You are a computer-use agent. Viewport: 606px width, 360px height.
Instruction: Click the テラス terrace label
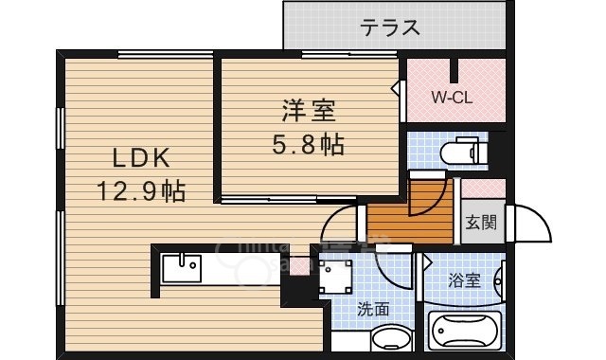coord(389,27)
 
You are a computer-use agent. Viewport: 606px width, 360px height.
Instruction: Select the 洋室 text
coord(307,112)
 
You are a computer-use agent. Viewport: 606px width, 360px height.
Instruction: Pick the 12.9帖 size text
coord(140,190)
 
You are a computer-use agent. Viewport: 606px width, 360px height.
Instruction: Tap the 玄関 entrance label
coord(480,224)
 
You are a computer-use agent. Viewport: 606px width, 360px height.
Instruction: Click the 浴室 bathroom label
coord(464,280)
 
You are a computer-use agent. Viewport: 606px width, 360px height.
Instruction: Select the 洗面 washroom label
coord(373,309)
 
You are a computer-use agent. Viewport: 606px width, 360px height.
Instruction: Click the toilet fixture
coord(464,151)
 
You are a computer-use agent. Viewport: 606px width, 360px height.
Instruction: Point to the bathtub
coord(464,332)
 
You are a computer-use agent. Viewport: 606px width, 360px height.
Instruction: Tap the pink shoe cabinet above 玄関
coord(483,188)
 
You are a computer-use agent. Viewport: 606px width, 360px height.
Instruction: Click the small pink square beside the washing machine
coord(300,265)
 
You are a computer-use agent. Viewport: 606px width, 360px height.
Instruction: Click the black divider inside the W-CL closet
coord(454,71)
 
